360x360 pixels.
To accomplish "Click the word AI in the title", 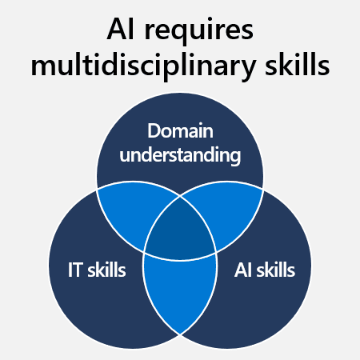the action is (120, 29).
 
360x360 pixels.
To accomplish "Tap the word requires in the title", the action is (199, 32).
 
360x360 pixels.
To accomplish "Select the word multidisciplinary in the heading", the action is (143, 65).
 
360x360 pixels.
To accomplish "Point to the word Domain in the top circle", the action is (180, 130).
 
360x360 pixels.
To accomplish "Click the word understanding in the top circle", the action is (180, 155).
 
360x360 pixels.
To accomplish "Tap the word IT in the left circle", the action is (74, 270).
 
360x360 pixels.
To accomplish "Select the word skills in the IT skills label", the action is (106, 270).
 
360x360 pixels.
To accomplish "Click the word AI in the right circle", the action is (242, 270).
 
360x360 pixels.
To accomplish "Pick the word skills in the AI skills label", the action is (276, 270).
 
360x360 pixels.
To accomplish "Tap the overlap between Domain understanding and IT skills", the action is (134, 210).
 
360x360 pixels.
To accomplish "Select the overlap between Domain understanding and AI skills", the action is (226, 210).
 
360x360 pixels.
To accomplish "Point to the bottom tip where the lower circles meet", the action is (180, 334).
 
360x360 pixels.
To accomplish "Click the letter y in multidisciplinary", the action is (247, 70).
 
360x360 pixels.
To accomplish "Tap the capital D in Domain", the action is (154, 131).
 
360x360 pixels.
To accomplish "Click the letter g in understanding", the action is (235, 158).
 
